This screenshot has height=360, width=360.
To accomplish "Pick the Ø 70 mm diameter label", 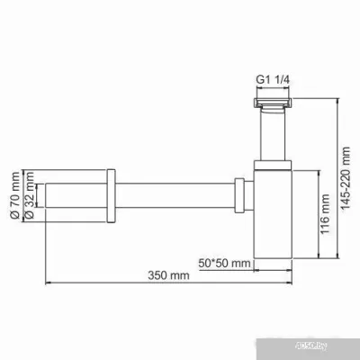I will tap(15, 193).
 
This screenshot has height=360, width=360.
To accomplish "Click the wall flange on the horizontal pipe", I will tap(110, 193).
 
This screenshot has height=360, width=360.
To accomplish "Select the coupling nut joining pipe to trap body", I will tap(238, 193).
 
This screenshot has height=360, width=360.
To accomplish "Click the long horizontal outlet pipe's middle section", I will tap(171, 193).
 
